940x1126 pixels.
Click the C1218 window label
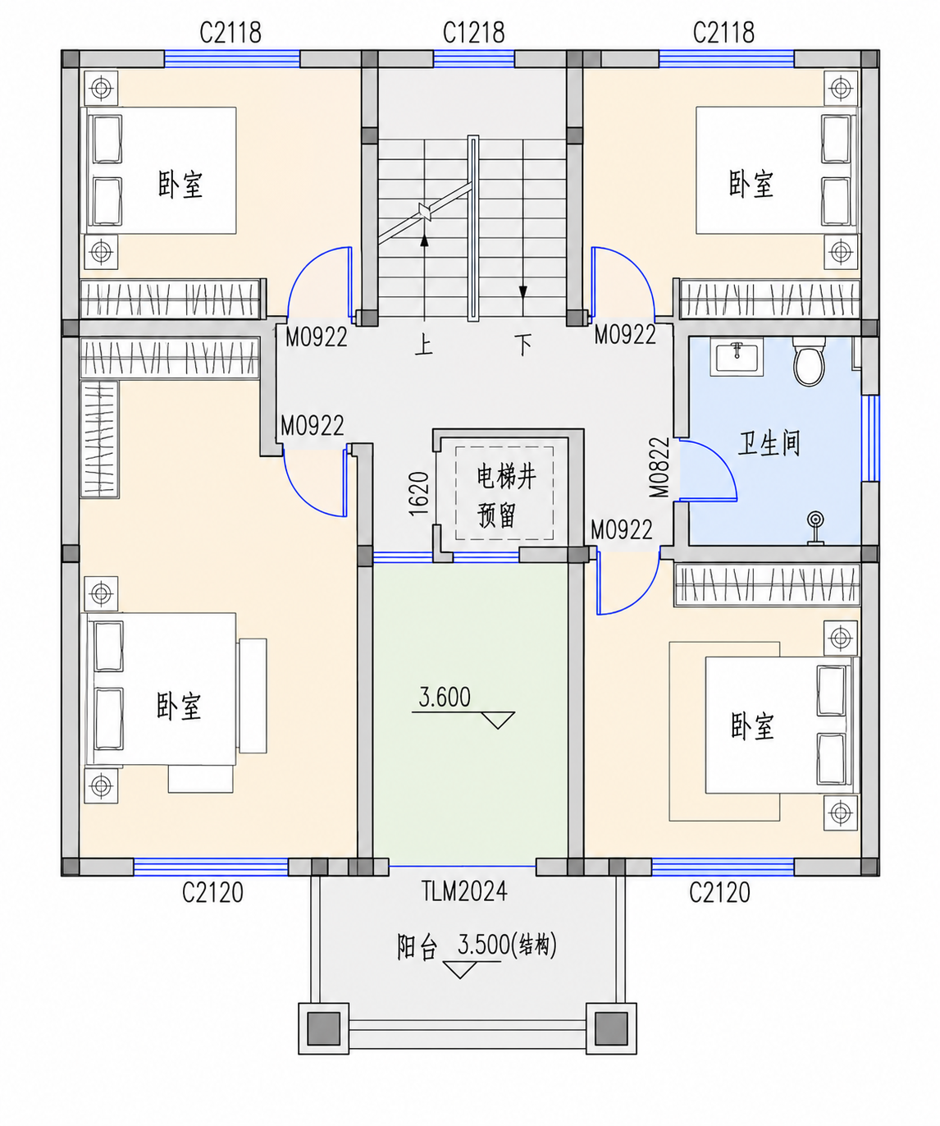pos(473,33)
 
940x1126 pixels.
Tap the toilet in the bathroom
pos(809,361)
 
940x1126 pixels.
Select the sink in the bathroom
pos(737,356)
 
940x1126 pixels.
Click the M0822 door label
pos(659,467)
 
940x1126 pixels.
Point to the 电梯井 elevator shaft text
pos(506,477)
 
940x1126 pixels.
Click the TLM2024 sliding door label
pos(464,891)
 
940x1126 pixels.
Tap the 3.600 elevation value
pos(445,698)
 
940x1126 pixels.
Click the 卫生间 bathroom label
pos(769,444)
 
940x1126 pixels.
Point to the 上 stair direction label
pos(424,344)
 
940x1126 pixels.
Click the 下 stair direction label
pos(522,344)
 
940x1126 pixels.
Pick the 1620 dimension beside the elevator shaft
pos(419,493)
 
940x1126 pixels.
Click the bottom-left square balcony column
pos(324,1028)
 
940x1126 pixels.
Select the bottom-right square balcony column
pos(611,1028)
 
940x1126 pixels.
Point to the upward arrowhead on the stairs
pos(425,240)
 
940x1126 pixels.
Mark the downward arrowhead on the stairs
pos(522,292)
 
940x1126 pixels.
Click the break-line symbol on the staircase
pos(425,212)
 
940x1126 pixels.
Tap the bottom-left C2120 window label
pos(212,892)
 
